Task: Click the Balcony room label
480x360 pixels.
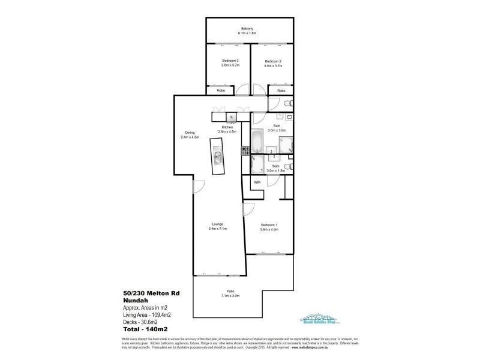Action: (247, 29)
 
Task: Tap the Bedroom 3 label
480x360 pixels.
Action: (230, 61)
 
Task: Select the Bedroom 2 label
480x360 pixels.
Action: (272, 61)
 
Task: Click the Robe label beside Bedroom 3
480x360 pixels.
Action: (221, 90)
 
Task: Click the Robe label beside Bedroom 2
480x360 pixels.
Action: (281, 90)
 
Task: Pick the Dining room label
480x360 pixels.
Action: (190, 133)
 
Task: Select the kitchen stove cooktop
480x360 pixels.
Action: (245, 152)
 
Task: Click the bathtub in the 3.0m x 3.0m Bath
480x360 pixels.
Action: (257, 141)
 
